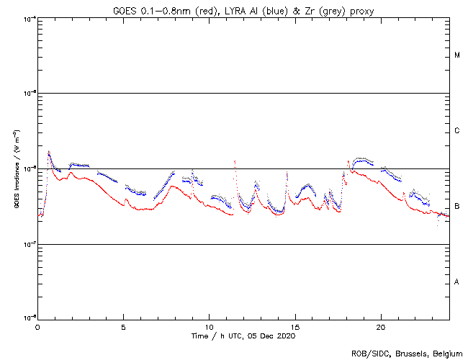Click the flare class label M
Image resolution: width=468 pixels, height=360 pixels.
pyautogui.click(x=457, y=55)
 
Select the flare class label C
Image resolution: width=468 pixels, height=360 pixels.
pyautogui.click(x=457, y=131)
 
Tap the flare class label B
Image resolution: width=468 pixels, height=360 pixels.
pyautogui.click(x=457, y=207)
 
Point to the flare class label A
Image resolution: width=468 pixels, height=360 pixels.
pyautogui.click(x=457, y=282)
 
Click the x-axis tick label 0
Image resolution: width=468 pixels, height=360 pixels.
pyautogui.click(x=37, y=327)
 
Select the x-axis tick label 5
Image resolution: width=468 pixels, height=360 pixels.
pyautogui.click(x=123, y=327)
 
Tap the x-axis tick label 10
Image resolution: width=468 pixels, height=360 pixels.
pyautogui.click(x=209, y=327)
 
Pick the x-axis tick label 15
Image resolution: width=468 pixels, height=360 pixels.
pyautogui.click(x=295, y=327)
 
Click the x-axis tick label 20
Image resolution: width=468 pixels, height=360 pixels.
pyautogui.click(x=381, y=327)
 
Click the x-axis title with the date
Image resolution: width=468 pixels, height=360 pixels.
pyautogui.click(x=243, y=336)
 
